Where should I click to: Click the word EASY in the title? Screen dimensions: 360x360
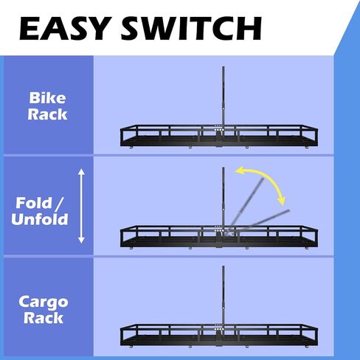point(64,28)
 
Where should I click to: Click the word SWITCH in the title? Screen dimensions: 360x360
point(191,28)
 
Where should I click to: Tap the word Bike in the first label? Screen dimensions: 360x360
point(47,98)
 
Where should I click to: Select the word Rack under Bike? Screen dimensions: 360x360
point(47,114)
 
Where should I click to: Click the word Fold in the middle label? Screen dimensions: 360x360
point(34,203)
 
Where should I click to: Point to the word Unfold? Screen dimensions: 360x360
point(40,219)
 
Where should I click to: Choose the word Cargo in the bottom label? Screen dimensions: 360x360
point(44,302)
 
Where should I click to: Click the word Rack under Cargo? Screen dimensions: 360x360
point(44,318)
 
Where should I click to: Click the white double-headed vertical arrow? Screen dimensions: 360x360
point(81,206)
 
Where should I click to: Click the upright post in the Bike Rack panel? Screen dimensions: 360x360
point(224,97)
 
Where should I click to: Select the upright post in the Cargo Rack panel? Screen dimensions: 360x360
point(224,295)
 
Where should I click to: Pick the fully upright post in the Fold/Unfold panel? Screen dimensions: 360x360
point(224,197)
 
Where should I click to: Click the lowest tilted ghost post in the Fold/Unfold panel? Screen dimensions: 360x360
point(258,221)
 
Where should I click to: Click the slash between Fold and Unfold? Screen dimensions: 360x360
point(59,204)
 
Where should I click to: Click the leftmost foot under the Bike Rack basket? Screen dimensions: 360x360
point(131,148)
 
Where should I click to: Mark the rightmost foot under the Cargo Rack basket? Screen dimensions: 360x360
point(307,347)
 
